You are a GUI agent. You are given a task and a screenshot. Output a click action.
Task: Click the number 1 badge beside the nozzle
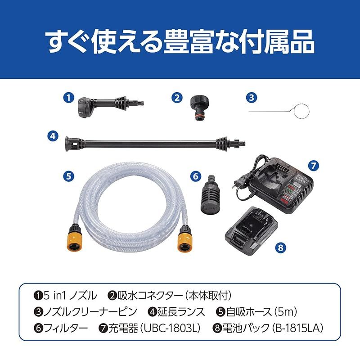click(x=68, y=97)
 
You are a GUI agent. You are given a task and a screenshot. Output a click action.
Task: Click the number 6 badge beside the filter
click(x=195, y=176)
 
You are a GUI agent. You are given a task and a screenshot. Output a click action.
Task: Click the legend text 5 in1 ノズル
click(x=69, y=296)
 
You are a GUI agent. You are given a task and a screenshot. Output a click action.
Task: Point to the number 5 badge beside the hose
click(x=68, y=176)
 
